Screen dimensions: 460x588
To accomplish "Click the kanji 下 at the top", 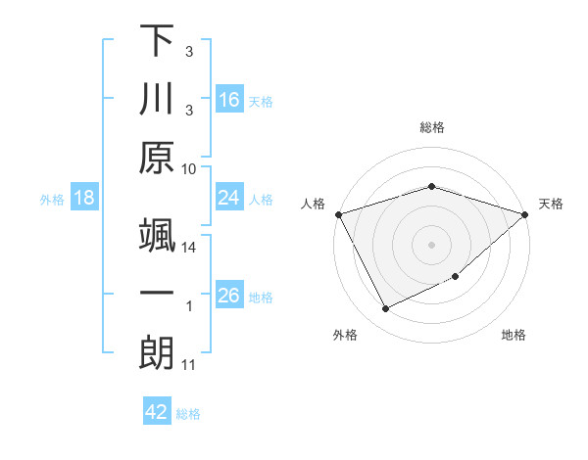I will pos(157,40).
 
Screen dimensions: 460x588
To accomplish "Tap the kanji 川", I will pos(157,99).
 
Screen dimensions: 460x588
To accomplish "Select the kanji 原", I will pos(157,160).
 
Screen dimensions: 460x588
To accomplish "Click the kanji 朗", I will pos(157,353).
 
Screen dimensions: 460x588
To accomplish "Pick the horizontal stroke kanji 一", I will pos(157,294).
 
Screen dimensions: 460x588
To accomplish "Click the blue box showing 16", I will pos(229,99).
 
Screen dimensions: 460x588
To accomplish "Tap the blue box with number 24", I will pos(229,198).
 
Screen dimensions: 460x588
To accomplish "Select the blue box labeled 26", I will pos(229,296).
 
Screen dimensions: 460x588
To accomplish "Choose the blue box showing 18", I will pos(84,198).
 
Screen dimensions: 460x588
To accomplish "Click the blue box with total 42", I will pos(157,412).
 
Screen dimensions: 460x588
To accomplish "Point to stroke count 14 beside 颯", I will pos(189,248).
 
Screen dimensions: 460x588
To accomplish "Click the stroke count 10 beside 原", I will pos(189,167).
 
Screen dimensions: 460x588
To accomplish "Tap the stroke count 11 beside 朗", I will pos(189,365).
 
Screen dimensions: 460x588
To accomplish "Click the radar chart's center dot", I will pos(431,244).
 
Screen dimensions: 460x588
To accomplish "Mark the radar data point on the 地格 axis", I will pos(457,278).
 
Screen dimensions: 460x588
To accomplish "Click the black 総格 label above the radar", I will pos(431,127).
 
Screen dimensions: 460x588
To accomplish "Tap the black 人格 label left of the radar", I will pos(313,204).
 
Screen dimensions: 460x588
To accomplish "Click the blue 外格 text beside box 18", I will pos(52,199).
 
